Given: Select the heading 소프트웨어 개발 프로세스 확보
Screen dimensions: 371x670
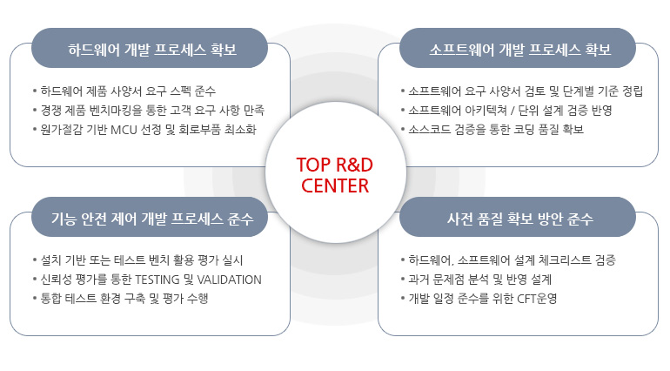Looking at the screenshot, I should [x=520, y=49].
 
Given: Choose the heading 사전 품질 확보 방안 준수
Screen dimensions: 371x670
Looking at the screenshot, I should [x=520, y=219].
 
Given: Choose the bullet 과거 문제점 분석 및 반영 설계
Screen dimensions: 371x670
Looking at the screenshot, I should [x=479, y=280].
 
